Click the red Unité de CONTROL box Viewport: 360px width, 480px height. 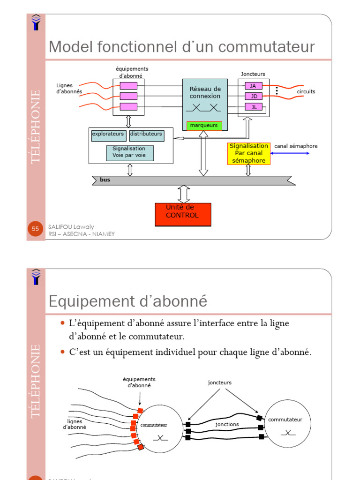click(x=183, y=215)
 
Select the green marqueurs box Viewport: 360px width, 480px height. click(x=204, y=126)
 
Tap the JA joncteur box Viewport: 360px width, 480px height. click(x=254, y=86)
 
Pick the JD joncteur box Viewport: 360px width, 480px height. click(x=254, y=96)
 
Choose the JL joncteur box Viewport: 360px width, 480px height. click(x=254, y=107)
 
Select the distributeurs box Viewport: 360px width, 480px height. click(x=147, y=135)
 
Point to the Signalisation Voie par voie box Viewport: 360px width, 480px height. click(x=130, y=153)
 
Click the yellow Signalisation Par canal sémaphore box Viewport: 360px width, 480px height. click(x=248, y=153)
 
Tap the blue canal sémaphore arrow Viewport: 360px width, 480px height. click(x=290, y=153)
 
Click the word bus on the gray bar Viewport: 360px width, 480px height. click(x=105, y=180)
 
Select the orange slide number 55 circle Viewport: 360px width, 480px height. click(x=36, y=229)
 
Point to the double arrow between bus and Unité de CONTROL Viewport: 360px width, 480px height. click(x=184, y=194)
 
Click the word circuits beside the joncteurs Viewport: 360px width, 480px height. click(x=306, y=91)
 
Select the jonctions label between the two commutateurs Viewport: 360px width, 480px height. click(x=227, y=424)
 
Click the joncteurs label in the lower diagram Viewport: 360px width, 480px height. click(x=219, y=382)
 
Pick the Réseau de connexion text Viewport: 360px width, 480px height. click(x=205, y=92)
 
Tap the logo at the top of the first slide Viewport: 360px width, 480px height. click(x=36, y=22)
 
